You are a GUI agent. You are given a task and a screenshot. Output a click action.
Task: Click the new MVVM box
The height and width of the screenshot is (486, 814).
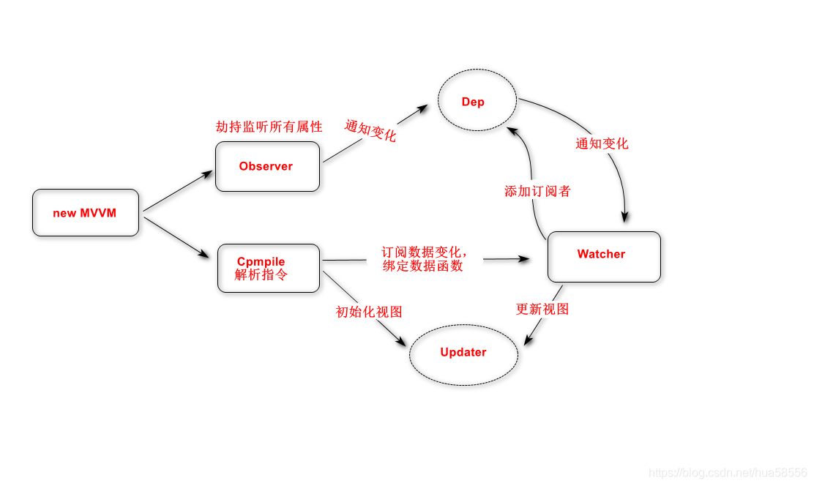[x=86, y=213]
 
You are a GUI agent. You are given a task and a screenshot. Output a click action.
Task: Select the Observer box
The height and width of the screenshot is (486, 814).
[x=267, y=167]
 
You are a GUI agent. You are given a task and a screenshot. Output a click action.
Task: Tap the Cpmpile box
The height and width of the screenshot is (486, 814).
[x=269, y=268]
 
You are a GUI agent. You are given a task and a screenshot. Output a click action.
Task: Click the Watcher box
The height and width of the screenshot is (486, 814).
[x=604, y=256]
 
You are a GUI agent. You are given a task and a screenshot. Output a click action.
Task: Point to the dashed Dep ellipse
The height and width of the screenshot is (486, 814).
[x=477, y=102]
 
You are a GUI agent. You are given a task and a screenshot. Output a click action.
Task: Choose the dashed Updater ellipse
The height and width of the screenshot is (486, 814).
[x=463, y=354]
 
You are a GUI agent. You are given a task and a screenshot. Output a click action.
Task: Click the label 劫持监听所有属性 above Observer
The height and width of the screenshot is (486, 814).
[x=269, y=127]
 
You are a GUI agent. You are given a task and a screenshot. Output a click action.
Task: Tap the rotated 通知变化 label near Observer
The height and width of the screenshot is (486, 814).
[x=370, y=131]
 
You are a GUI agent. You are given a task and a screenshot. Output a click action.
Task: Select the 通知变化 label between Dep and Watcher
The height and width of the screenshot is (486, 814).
[x=602, y=143]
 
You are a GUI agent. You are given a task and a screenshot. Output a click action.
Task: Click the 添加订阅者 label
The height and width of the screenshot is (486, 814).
[x=537, y=192]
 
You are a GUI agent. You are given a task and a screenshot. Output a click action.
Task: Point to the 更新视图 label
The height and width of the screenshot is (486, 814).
[x=542, y=309]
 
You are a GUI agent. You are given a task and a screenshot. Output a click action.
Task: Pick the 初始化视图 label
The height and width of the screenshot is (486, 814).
[x=369, y=312]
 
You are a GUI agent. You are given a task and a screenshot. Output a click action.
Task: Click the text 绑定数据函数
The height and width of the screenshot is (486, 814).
[x=422, y=266]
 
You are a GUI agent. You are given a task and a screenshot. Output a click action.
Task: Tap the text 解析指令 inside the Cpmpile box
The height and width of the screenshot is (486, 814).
[x=261, y=275]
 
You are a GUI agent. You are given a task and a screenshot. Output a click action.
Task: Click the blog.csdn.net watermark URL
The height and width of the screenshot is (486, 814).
[x=728, y=473]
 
